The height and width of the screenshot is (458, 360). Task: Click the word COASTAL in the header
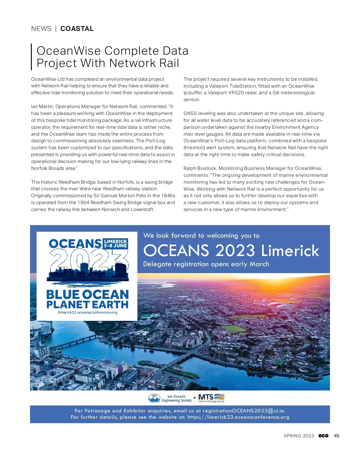click(x=77, y=29)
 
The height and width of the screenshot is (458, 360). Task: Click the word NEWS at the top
click(x=41, y=29)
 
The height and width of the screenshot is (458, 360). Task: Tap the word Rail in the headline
click(x=169, y=63)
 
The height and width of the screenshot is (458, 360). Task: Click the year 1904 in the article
click(x=83, y=203)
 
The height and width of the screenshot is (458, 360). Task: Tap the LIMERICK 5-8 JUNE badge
click(x=115, y=243)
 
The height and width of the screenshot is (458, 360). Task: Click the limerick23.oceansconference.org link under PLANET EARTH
click(x=88, y=312)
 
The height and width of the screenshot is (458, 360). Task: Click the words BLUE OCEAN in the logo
click(x=88, y=294)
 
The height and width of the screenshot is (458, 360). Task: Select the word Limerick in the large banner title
click(x=290, y=251)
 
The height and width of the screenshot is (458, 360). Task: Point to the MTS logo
click(x=211, y=398)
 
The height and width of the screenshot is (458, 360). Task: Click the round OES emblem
click(x=154, y=398)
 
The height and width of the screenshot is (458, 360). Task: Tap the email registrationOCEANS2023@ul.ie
click(x=244, y=411)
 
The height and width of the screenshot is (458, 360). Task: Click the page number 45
click(x=337, y=436)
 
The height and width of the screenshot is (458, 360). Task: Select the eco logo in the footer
click(x=323, y=436)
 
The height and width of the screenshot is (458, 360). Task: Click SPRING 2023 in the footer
click(x=299, y=436)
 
